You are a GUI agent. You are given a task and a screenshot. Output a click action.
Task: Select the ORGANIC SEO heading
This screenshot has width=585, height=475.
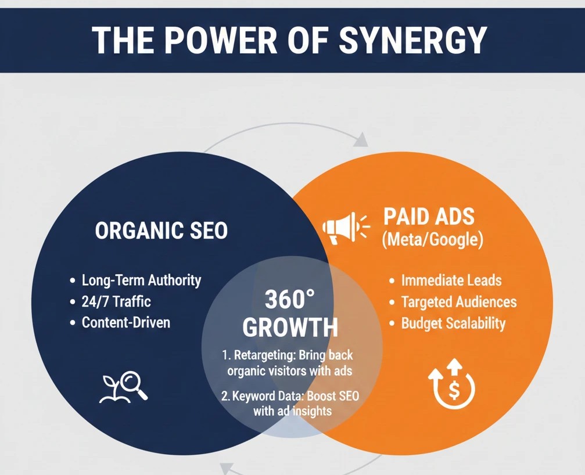(x=161, y=231)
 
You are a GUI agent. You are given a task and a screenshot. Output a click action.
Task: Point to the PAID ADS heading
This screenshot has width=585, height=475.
(x=429, y=217)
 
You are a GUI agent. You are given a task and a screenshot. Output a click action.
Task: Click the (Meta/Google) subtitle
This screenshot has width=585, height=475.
(x=432, y=240)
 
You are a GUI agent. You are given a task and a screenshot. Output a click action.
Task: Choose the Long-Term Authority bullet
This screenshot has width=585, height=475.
(x=141, y=280)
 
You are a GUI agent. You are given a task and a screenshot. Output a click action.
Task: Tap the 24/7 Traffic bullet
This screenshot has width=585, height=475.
(x=116, y=301)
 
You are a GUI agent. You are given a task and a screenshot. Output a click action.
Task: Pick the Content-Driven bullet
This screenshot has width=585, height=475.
(x=126, y=322)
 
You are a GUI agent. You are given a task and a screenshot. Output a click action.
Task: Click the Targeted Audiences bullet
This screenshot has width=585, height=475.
(x=458, y=302)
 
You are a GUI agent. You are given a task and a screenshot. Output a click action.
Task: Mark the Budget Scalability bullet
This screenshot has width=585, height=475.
(x=453, y=323)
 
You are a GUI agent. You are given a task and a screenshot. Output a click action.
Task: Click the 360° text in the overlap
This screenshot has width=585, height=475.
(x=289, y=300)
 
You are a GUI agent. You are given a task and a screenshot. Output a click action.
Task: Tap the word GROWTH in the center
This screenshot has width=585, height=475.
(x=290, y=328)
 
